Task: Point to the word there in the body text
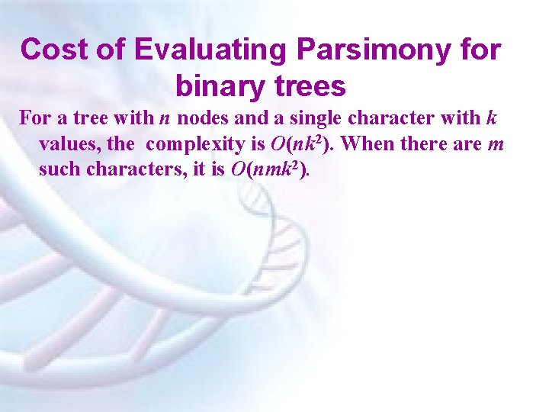[x=433, y=144]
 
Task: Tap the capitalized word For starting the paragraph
[x=33, y=119]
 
